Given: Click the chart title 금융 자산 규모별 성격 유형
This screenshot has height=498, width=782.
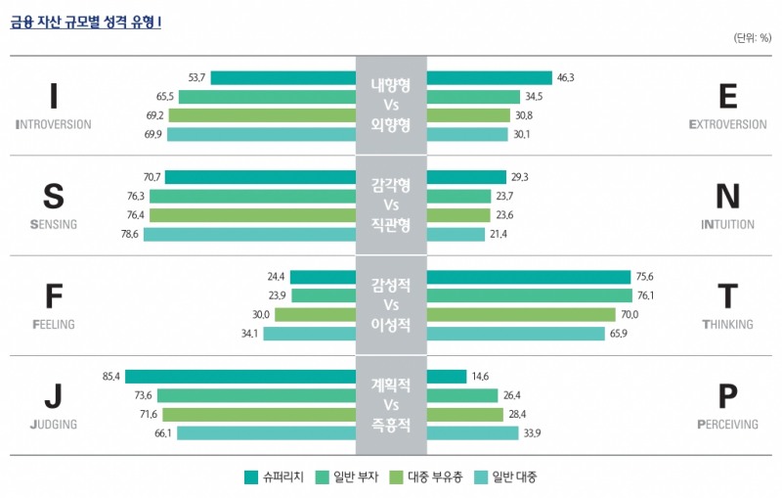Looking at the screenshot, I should tap(86, 21).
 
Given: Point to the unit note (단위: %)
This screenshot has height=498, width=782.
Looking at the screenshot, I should tap(752, 38).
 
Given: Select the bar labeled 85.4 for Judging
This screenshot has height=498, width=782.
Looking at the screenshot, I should tap(239, 376).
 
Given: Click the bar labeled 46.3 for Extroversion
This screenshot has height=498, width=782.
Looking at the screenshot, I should tap(489, 78).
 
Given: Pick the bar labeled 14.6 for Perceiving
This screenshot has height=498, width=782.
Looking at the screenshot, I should tap(447, 376).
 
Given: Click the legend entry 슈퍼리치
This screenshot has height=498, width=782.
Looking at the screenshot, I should tap(274, 477).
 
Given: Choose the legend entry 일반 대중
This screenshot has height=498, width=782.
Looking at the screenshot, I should tap(505, 477).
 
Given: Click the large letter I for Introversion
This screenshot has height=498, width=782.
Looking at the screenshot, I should tap(54, 96).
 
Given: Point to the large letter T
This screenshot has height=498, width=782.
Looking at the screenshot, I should tap(727, 295).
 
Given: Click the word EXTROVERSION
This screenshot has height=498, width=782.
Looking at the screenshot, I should tap(727, 125).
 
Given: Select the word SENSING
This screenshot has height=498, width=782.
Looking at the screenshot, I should tap(47, 224).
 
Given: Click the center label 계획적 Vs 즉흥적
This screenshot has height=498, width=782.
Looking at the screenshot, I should tap(391, 405).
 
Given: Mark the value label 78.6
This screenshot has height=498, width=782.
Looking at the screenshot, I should tap(129, 235).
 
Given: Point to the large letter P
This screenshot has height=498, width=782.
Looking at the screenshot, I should tap(727, 396).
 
